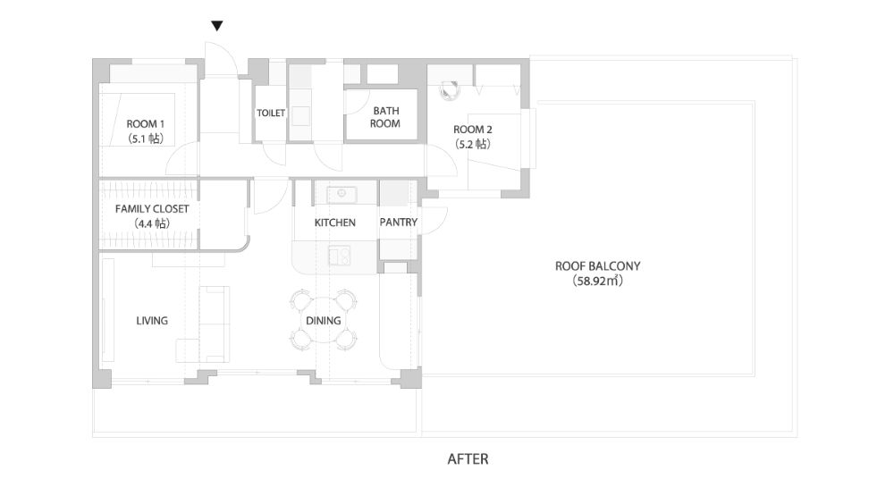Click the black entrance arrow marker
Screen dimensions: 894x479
tap(216, 26)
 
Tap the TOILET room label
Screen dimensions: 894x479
tap(270, 113)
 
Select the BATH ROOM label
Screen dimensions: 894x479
tap(386, 117)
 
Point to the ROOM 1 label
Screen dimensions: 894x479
tap(146, 123)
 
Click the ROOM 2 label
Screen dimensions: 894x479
tap(473, 130)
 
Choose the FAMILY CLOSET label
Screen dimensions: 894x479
tap(152, 209)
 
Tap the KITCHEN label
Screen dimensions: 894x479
tap(334, 223)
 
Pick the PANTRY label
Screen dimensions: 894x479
tap(399, 222)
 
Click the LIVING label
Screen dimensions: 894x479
tap(152, 321)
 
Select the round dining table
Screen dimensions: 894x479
tap(324, 320)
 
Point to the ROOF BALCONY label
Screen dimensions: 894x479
tap(597, 265)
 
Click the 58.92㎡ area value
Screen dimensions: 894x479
tap(597, 281)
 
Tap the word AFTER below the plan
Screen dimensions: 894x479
tap(468, 459)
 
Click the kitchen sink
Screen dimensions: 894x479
tap(342, 195)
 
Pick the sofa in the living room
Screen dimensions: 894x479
tap(214, 324)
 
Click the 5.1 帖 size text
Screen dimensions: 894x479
tap(146, 138)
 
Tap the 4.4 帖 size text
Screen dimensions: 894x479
tap(152, 223)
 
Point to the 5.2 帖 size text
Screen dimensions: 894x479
tap(473, 144)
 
